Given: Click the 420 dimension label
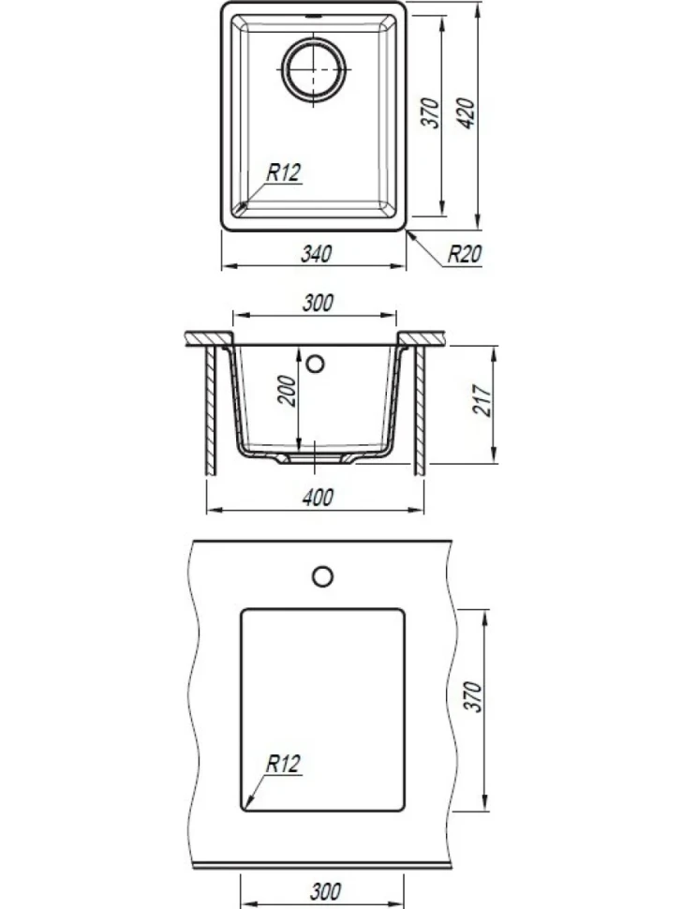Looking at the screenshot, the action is click(x=467, y=113).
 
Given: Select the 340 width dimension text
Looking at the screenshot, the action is click(x=317, y=254).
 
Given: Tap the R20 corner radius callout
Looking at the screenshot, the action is click(x=465, y=254).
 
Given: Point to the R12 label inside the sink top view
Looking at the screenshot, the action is click(x=284, y=172).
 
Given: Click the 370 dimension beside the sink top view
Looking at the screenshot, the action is click(x=431, y=113).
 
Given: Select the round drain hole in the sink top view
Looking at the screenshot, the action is click(x=314, y=69).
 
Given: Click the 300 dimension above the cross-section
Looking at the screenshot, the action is click(x=318, y=303).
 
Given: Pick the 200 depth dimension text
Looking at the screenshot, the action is click(x=287, y=392).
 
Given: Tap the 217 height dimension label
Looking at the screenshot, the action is click(x=482, y=400).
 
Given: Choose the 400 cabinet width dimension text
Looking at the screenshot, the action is click(x=318, y=498).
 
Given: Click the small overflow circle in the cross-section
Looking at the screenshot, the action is click(x=316, y=364).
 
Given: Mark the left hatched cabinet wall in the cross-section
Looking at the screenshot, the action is click(x=211, y=410).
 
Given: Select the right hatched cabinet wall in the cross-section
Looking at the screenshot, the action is click(x=420, y=410).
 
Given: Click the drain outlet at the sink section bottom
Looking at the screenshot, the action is click(x=315, y=458).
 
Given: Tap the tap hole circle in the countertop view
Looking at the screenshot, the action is click(x=323, y=577).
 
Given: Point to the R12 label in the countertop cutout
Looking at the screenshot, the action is click(x=283, y=764).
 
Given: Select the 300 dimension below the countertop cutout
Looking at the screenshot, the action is click(x=326, y=891).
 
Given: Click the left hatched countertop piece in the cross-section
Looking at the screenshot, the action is click(x=210, y=338).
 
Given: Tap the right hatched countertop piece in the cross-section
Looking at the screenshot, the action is click(x=423, y=338).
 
